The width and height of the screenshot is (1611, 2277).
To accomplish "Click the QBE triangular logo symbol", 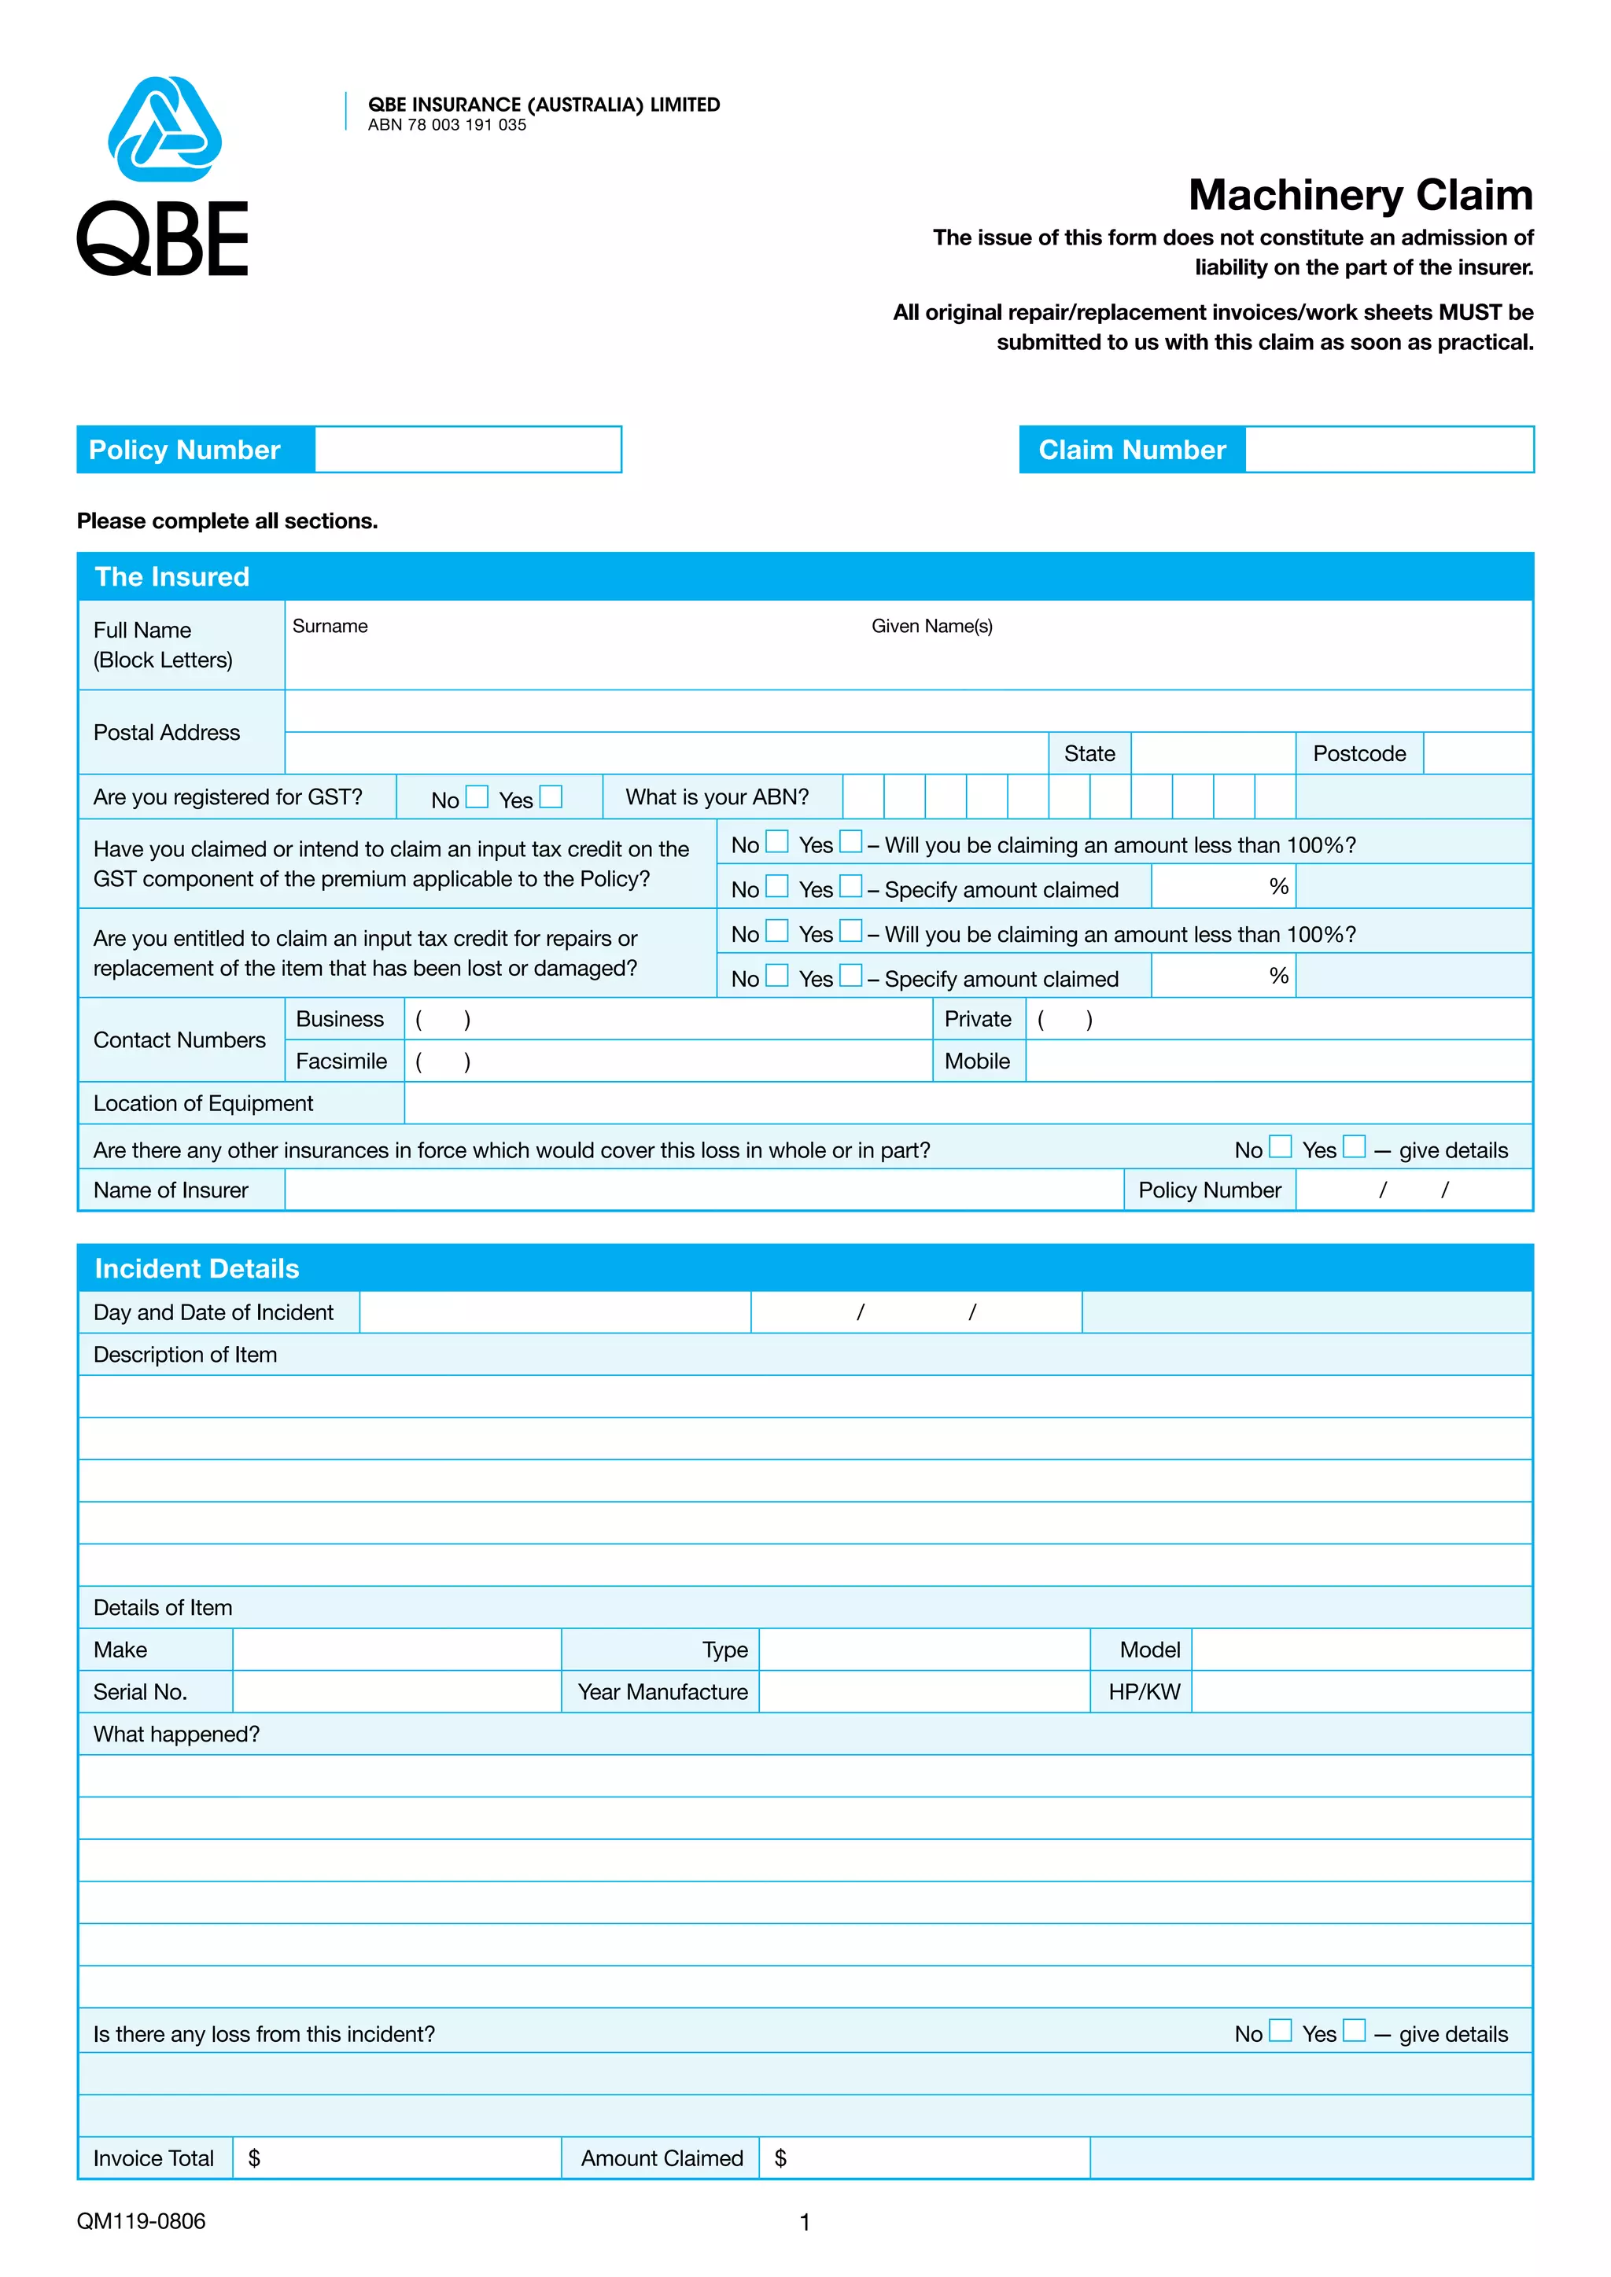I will (164, 130).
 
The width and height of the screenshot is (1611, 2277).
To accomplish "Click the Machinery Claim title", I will (1360, 195).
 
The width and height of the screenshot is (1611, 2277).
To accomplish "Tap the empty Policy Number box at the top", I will (467, 451).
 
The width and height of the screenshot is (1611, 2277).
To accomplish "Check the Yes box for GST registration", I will (551, 797).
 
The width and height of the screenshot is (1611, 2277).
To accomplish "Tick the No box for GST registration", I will (477, 797).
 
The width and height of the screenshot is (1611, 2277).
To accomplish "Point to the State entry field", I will (1212, 754).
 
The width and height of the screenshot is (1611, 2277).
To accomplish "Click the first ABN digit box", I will (863, 797).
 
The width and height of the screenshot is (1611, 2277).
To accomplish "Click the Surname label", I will (330, 627).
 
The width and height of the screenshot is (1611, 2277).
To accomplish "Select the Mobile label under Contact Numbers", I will (976, 1061).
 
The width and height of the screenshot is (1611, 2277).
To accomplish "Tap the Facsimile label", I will (341, 1061).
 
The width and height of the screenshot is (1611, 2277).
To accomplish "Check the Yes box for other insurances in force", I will (1354, 1147).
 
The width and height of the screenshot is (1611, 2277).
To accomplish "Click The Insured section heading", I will (171, 577).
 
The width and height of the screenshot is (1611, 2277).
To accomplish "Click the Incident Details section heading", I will (197, 1268).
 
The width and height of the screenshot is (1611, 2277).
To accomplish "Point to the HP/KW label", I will (1144, 1692).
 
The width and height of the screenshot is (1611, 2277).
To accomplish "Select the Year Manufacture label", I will (662, 1692).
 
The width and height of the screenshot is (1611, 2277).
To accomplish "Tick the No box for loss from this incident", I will (1281, 2031).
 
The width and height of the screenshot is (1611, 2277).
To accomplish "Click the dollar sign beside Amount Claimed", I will (780, 2158).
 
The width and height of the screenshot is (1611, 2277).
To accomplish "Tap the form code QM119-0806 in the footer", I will (141, 2221).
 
